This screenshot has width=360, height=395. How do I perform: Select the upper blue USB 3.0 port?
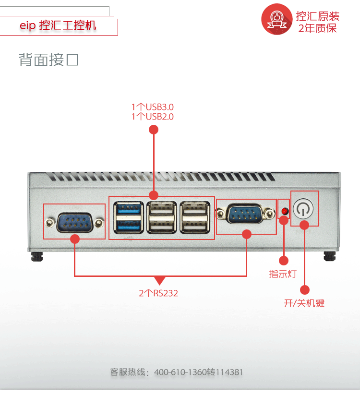[128, 208]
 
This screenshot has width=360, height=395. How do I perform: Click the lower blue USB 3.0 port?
[128, 224]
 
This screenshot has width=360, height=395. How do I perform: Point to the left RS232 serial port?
[74, 223]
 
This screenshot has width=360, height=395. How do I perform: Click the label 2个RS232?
[158, 293]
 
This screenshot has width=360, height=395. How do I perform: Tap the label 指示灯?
[283, 275]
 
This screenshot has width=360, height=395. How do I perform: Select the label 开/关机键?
[304, 303]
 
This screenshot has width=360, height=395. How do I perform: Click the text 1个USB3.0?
[153, 107]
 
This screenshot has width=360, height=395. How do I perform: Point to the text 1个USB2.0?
[153, 117]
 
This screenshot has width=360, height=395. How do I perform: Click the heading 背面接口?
[48, 60]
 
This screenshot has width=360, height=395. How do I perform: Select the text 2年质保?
[318, 28]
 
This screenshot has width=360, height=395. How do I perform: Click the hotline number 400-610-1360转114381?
[199, 372]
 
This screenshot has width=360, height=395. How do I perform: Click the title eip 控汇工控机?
[58, 25]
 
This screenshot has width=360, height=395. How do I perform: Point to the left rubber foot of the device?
[36, 256]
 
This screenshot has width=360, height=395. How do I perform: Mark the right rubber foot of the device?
[329, 256]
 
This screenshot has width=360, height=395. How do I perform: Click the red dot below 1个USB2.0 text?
[154, 130]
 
